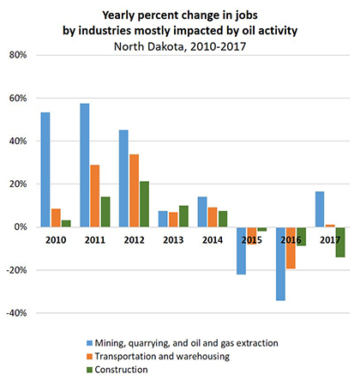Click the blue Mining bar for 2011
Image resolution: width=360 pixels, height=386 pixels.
(85, 166)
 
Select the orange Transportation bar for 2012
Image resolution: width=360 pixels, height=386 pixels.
(134, 190)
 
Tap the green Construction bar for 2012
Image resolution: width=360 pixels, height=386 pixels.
(144, 204)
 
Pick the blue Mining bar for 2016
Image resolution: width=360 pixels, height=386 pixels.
(280, 264)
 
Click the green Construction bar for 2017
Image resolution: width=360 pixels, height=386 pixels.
(340, 242)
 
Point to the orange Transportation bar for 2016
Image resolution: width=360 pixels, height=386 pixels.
(291, 248)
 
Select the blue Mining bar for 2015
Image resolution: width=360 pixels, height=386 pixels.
(241, 251)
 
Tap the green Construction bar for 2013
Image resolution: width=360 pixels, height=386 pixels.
(183, 216)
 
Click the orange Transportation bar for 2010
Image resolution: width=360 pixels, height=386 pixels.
(56, 218)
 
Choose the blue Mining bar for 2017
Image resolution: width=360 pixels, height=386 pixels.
(320, 209)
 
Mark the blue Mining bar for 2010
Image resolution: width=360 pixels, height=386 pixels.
(45, 170)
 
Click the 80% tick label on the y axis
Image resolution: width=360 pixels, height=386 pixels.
(18, 55)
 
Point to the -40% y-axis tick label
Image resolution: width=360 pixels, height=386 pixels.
(16, 313)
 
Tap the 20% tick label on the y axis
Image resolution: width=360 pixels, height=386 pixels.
(18, 184)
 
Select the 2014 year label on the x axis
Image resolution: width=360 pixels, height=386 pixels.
(213, 240)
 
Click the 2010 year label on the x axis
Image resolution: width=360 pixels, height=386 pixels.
(56, 240)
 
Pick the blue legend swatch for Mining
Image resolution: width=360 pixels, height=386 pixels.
(89, 343)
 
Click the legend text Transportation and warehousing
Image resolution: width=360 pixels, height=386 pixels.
(162, 356)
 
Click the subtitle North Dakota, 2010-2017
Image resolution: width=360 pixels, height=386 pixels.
(180, 46)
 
